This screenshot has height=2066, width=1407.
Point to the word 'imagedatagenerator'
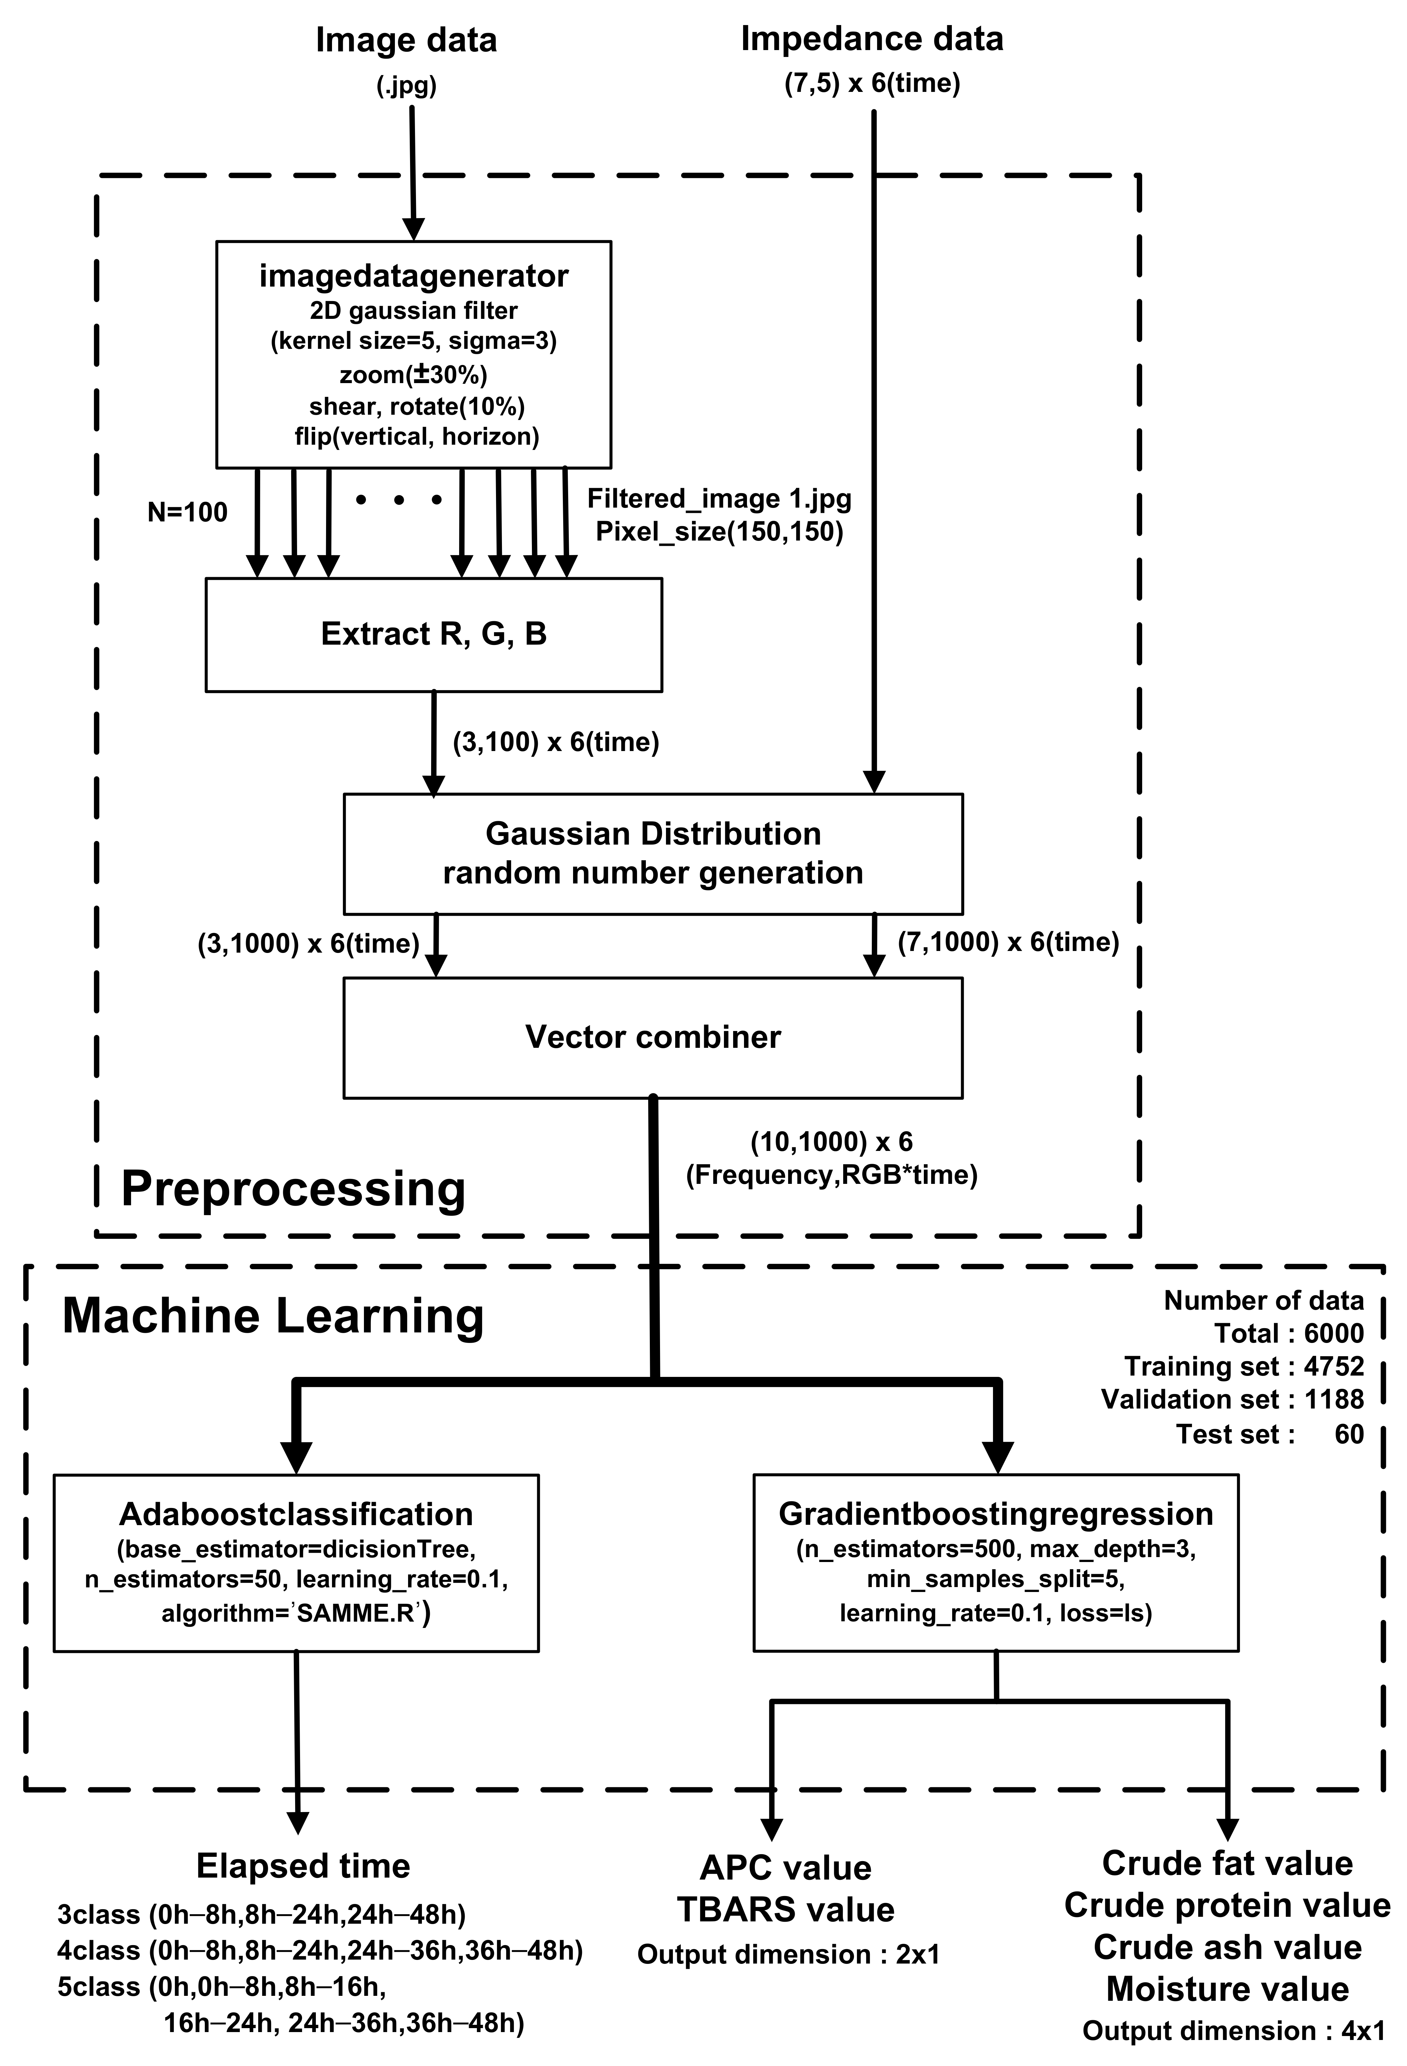pyautogui.click(x=413, y=276)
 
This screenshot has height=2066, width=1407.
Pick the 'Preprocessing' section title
pyautogui.click(x=293, y=1188)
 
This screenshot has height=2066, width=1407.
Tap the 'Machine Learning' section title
pyautogui.click(x=273, y=1316)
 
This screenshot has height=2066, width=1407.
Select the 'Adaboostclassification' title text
pyautogui.click(x=296, y=1514)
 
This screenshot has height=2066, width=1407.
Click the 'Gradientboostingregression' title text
pyautogui.click(x=996, y=1514)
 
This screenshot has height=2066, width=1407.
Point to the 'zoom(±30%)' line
pyautogui.click(x=413, y=375)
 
